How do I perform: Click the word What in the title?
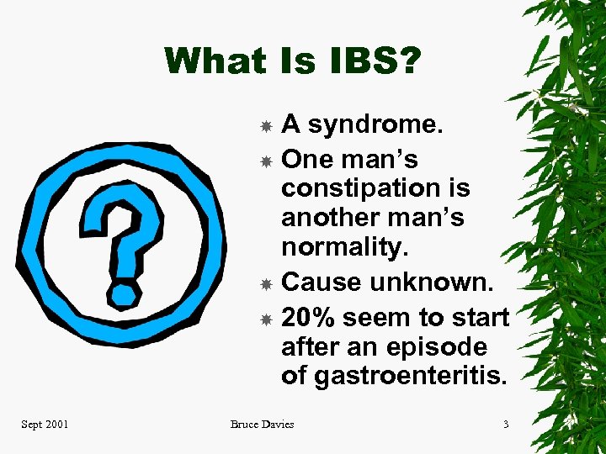click(211, 61)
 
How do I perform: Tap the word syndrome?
click(375, 124)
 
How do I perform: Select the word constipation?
click(375, 187)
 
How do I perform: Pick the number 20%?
click(307, 318)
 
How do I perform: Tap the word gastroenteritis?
click(395, 376)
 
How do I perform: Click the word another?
click(331, 217)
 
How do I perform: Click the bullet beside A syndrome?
click(265, 126)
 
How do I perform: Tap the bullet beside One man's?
click(265, 160)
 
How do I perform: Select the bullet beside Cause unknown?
click(265, 283)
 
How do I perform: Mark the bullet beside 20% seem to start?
click(265, 319)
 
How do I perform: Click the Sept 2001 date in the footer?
click(45, 425)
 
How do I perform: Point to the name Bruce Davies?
click(262, 425)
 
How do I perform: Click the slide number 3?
click(506, 425)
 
